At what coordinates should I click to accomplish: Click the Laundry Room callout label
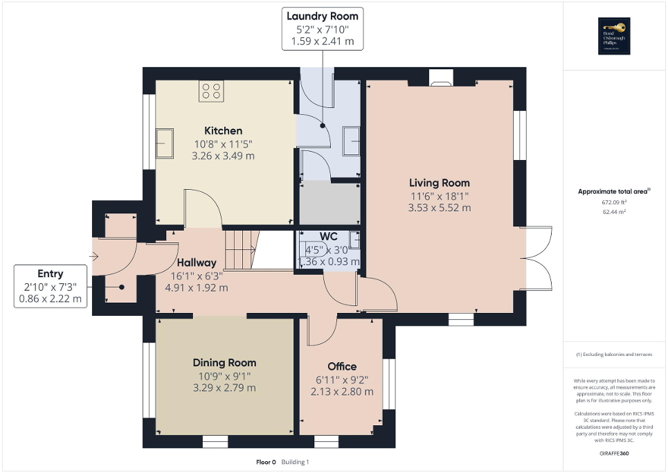pyautogui.click(x=323, y=28)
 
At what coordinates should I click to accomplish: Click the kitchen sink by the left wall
pyautogui.click(x=166, y=143)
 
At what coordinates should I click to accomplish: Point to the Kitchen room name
pyautogui.click(x=223, y=131)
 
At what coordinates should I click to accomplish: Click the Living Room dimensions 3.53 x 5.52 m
pyautogui.click(x=440, y=207)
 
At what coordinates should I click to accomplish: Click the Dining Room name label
pyautogui.click(x=224, y=363)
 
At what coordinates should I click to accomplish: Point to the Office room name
pyautogui.click(x=342, y=366)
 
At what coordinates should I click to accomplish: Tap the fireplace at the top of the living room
pyautogui.click(x=440, y=78)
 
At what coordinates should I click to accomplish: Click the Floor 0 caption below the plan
pyautogui.click(x=265, y=461)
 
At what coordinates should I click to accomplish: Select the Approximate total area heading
pyautogui.click(x=615, y=191)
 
